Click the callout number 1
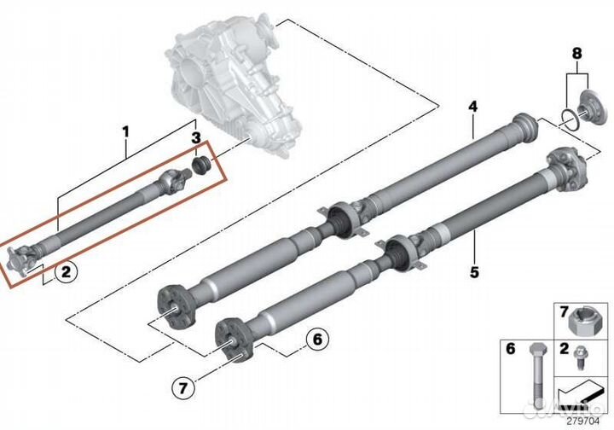pyautogui.click(x=125, y=131)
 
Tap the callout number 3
pyautogui.click(x=196, y=138)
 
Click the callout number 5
pyautogui.click(x=474, y=273)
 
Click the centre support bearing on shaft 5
pyautogui.click(x=400, y=253)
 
